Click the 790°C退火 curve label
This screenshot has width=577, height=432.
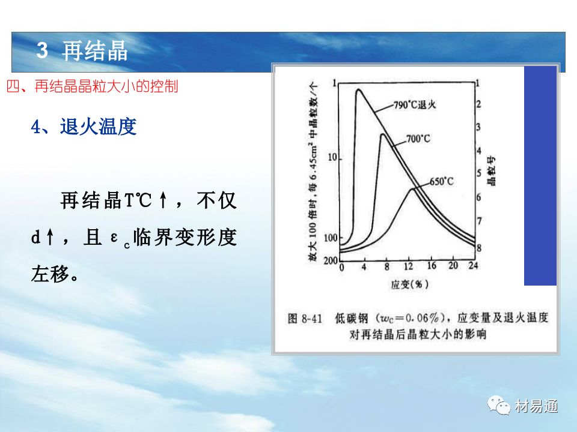[x=415, y=104]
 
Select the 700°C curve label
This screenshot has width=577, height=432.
[x=418, y=139]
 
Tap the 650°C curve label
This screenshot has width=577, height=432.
[x=442, y=181]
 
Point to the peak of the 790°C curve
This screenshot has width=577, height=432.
[x=358, y=89]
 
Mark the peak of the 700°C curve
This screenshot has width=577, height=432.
[x=383, y=134]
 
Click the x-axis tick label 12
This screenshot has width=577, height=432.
[x=409, y=266]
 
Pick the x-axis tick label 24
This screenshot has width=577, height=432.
[x=473, y=265]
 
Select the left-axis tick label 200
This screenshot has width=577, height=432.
[x=331, y=261]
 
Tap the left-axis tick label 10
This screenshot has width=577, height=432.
[x=332, y=158]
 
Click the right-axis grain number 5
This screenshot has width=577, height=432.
[x=479, y=173]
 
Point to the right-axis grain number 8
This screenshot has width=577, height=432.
[x=479, y=248]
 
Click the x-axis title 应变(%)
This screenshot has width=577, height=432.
[x=409, y=284]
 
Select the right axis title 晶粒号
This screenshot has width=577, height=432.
[x=492, y=171]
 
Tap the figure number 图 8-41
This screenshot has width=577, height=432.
[x=305, y=318]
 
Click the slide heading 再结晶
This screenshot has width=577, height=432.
[x=94, y=50]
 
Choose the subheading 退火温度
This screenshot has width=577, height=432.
[x=98, y=127]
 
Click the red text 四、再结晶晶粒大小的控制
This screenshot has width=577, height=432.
[x=93, y=86]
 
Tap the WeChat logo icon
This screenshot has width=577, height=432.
[x=499, y=405]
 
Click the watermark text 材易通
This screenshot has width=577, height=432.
[x=536, y=406]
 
